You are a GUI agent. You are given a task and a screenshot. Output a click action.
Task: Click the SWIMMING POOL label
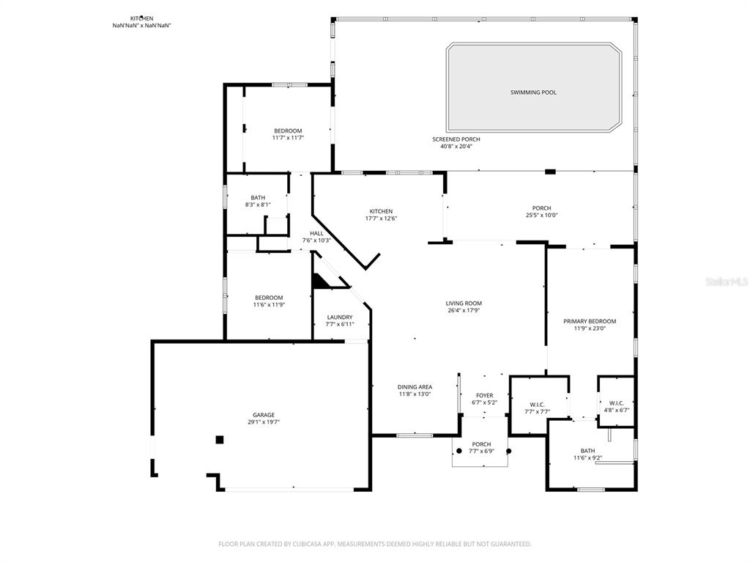[x=533, y=92]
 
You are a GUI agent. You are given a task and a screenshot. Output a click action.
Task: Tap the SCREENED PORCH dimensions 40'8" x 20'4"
[x=456, y=146]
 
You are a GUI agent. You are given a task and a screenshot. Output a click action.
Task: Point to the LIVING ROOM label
[x=464, y=303]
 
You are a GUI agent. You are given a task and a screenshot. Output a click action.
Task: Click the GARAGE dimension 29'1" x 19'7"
[x=264, y=422]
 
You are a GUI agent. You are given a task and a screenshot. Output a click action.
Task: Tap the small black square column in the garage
[x=219, y=439]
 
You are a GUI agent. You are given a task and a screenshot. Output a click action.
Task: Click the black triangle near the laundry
[x=321, y=281]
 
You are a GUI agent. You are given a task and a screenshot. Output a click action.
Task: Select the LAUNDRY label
[x=340, y=317]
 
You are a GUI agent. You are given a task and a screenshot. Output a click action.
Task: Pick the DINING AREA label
[x=415, y=387]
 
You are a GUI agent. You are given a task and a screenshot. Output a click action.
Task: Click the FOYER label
[x=485, y=395]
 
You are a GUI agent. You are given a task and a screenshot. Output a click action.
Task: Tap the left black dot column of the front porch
[x=459, y=451]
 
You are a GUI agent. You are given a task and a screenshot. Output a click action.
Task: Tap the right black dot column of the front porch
[x=509, y=451]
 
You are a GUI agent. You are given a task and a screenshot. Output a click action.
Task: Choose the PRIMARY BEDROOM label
[x=589, y=321]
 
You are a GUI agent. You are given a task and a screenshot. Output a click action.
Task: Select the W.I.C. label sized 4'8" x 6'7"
[x=615, y=402]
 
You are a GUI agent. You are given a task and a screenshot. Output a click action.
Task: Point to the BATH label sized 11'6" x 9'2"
[x=587, y=451]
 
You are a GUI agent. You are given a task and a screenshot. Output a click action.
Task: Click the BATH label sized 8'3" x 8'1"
[x=258, y=197]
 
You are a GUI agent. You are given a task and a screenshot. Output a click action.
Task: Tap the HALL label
[x=316, y=233]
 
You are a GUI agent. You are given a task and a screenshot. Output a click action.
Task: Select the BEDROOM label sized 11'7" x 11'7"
[x=288, y=130]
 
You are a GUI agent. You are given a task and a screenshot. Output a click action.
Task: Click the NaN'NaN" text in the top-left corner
[x=141, y=26]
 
